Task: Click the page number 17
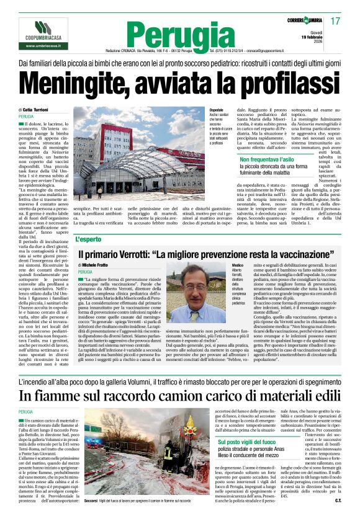pos(336,22)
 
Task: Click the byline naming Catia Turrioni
pos(40,109)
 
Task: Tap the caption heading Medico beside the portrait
pos(237,265)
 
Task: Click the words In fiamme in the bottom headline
pos(50,394)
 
